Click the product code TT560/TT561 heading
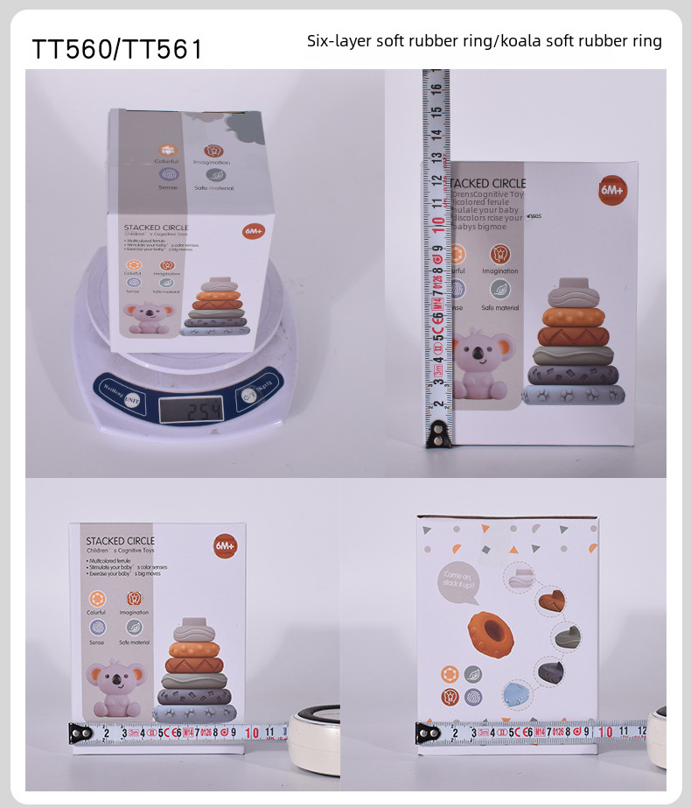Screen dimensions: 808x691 point(117,49)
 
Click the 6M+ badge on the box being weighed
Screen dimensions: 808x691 point(253,232)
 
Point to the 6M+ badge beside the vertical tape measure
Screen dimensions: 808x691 point(611,190)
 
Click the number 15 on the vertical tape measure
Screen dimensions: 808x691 point(435,112)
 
